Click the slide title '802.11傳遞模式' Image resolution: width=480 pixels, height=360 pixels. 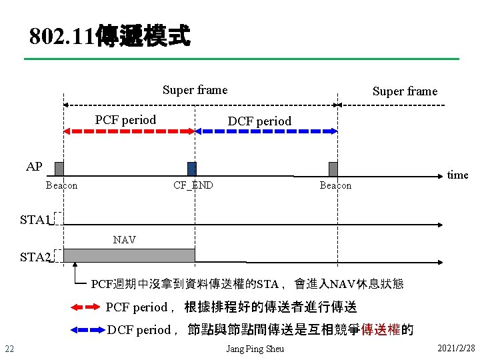pyautogui.click(x=110, y=36)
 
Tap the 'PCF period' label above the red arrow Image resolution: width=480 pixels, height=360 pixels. pyautogui.click(x=125, y=120)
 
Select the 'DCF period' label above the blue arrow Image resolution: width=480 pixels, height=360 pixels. pyautogui.click(x=259, y=121)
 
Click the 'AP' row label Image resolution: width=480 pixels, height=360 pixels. pyautogui.click(x=34, y=167)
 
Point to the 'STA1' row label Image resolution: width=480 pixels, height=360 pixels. pyautogui.click(x=35, y=220)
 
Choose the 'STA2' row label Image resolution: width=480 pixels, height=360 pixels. pyautogui.click(x=35, y=257)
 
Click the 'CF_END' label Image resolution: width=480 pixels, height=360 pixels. pyautogui.click(x=193, y=185)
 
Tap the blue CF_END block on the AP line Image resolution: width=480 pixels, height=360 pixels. pyautogui.click(x=192, y=169)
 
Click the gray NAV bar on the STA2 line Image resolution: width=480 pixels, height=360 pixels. pyautogui.click(x=129, y=255)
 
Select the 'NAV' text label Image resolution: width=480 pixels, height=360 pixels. pyautogui.click(x=125, y=240)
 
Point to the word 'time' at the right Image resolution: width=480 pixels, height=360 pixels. pyautogui.click(x=457, y=175)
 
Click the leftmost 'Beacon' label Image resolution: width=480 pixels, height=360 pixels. pyautogui.click(x=61, y=185)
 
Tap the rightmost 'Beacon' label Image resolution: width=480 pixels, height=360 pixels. pyautogui.click(x=335, y=185)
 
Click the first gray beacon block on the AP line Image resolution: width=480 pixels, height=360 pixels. pyautogui.click(x=59, y=169)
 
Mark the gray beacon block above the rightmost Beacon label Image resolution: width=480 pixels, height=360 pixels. pyautogui.click(x=333, y=169)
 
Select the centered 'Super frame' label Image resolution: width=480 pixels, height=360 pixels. pyautogui.click(x=195, y=90)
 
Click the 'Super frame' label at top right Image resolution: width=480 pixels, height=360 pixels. pyautogui.click(x=405, y=91)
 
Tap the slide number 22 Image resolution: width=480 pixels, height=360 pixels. pyautogui.click(x=9, y=349)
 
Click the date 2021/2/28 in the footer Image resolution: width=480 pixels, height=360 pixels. pyautogui.click(x=456, y=349)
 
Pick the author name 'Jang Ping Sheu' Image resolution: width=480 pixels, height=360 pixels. pyautogui.click(x=255, y=349)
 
